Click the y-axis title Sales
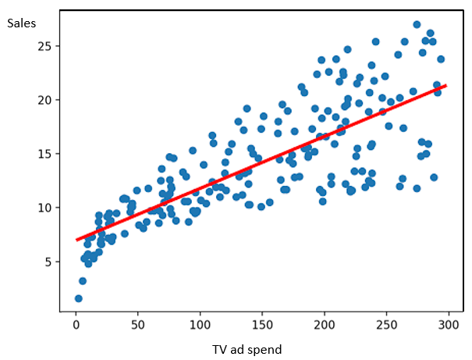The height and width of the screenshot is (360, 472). point(21,23)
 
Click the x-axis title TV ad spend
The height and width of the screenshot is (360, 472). point(247,350)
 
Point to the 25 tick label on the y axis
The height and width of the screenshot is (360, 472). point(44,46)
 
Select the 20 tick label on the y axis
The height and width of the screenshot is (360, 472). point(44,100)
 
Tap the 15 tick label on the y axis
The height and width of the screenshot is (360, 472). point(44,154)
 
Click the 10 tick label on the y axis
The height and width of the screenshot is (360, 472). point(44,208)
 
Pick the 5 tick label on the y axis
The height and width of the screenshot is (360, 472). point(48,262)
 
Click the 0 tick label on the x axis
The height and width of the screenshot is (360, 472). point(76,325)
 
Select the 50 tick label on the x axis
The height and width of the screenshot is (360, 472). point(138,325)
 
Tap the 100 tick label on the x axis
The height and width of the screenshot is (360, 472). point(200,325)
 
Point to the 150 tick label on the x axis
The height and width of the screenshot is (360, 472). point(262,325)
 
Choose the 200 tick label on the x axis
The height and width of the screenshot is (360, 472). point(325,325)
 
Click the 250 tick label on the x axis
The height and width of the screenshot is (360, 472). point(386,325)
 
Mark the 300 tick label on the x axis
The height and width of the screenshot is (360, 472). point(449,325)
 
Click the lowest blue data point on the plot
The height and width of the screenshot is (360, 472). point(79,298)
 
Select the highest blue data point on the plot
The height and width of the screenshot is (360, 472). point(417,25)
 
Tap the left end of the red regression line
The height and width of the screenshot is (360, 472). point(76,240)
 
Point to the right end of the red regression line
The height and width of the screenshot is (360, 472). point(446,86)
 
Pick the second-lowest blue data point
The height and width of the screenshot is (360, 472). point(83,281)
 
